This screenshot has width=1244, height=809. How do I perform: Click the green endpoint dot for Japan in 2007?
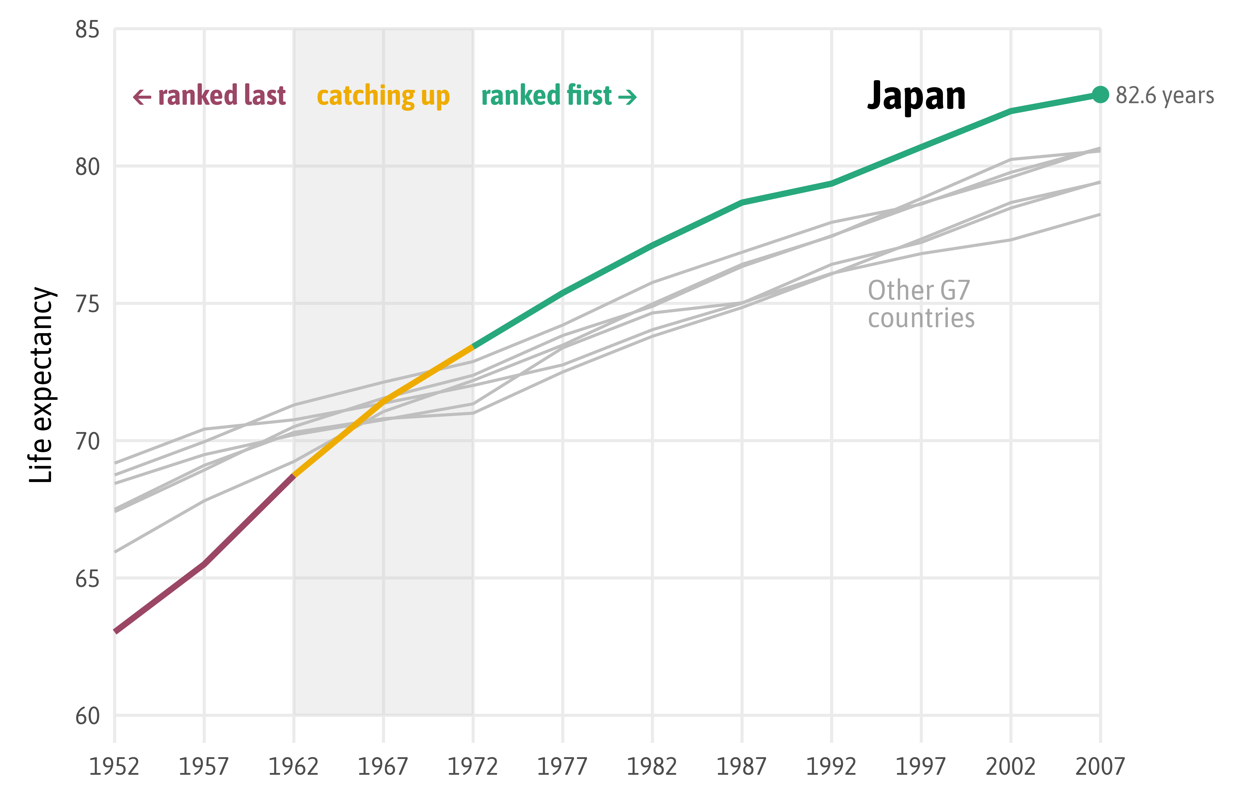(1100, 95)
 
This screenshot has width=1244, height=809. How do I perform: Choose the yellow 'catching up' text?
(383, 96)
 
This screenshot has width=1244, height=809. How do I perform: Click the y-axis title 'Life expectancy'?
(42, 384)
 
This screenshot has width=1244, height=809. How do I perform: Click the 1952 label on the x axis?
(114, 767)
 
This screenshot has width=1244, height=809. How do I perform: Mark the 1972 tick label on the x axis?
(472, 767)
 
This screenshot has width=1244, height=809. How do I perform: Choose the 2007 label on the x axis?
(1100, 767)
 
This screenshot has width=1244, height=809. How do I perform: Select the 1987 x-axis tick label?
(741, 767)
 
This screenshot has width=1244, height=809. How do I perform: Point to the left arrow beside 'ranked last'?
(142, 97)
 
